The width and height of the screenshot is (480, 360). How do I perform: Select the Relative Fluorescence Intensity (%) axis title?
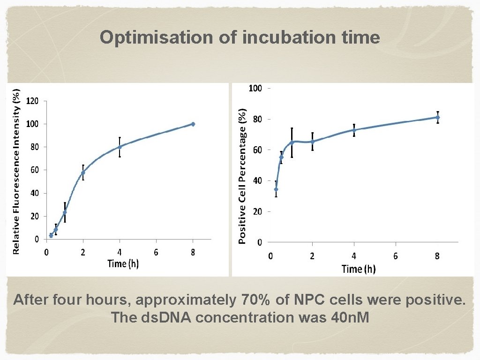point(16,172)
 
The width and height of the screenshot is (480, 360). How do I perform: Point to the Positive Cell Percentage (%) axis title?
point(242,176)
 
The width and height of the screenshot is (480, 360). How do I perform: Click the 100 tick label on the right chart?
point(255,88)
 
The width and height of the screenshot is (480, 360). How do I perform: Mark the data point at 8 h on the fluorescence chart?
point(193,124)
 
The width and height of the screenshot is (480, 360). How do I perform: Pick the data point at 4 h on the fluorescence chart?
point(120,147)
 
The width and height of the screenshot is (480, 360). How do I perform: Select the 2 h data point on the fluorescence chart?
point(83,172)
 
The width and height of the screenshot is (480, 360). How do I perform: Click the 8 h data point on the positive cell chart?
point(438,117)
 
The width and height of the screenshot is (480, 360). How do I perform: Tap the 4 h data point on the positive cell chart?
point(354,130)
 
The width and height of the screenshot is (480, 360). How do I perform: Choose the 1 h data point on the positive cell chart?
point(292,142)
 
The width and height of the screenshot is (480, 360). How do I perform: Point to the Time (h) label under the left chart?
point(123,263)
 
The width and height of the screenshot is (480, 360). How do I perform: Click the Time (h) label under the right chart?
point(359,269)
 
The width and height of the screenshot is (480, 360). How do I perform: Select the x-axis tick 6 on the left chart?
point(156,253)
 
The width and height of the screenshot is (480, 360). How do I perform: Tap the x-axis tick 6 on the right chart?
point(396,256)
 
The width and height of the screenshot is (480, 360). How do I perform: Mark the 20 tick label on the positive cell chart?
point(258,212)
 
